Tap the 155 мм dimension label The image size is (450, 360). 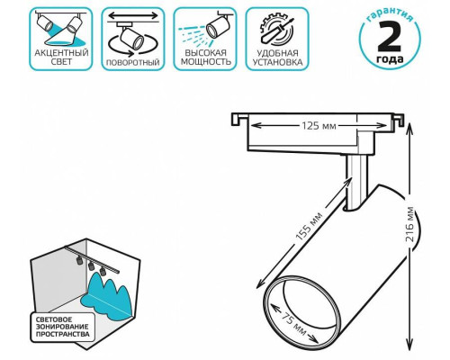[x=309, y=227]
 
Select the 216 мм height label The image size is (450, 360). [x=409, y=224]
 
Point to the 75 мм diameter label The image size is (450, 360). [x=294, y=322]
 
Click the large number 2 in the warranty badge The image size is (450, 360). [x=390, y=36]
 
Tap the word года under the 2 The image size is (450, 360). [x=390, y=58]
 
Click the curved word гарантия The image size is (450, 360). [x=390, y=15]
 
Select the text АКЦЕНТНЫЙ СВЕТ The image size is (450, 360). [x=61, y=58]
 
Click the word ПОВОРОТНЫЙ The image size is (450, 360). [x=133, y=63]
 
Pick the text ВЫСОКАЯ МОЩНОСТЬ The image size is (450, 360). [x=206, y=58]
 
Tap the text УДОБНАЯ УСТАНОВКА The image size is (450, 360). [x=277, y=58]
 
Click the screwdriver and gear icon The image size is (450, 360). [x=277, y=30]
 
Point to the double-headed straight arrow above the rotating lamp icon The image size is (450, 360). [x=133, y=15]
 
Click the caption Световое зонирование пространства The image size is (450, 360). [x=62, y=327]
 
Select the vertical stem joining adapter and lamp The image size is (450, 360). [x=356, y=182]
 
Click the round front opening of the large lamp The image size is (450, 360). [x=302, y=310]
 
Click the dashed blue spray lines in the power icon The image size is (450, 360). [x=192, y=34]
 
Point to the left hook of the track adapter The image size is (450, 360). [x=238, y=119]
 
